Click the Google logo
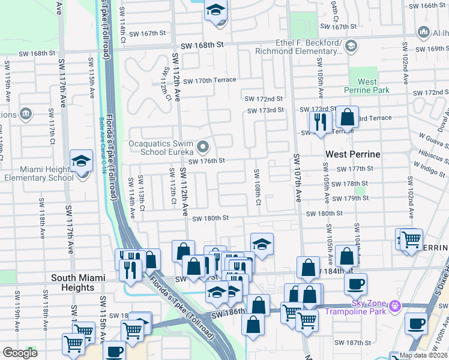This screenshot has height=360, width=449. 20,353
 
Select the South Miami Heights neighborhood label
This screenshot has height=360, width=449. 81,283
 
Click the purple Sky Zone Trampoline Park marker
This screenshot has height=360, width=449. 394,307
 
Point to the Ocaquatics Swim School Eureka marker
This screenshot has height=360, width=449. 203,146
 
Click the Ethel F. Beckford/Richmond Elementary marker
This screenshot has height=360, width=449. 351,46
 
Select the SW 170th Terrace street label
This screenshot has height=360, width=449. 210,80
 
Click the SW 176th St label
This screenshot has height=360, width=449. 206,161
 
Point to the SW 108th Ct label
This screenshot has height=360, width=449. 257,186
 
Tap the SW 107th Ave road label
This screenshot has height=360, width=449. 297,179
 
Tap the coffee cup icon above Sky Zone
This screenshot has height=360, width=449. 355,283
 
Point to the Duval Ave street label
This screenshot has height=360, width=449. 443,118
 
